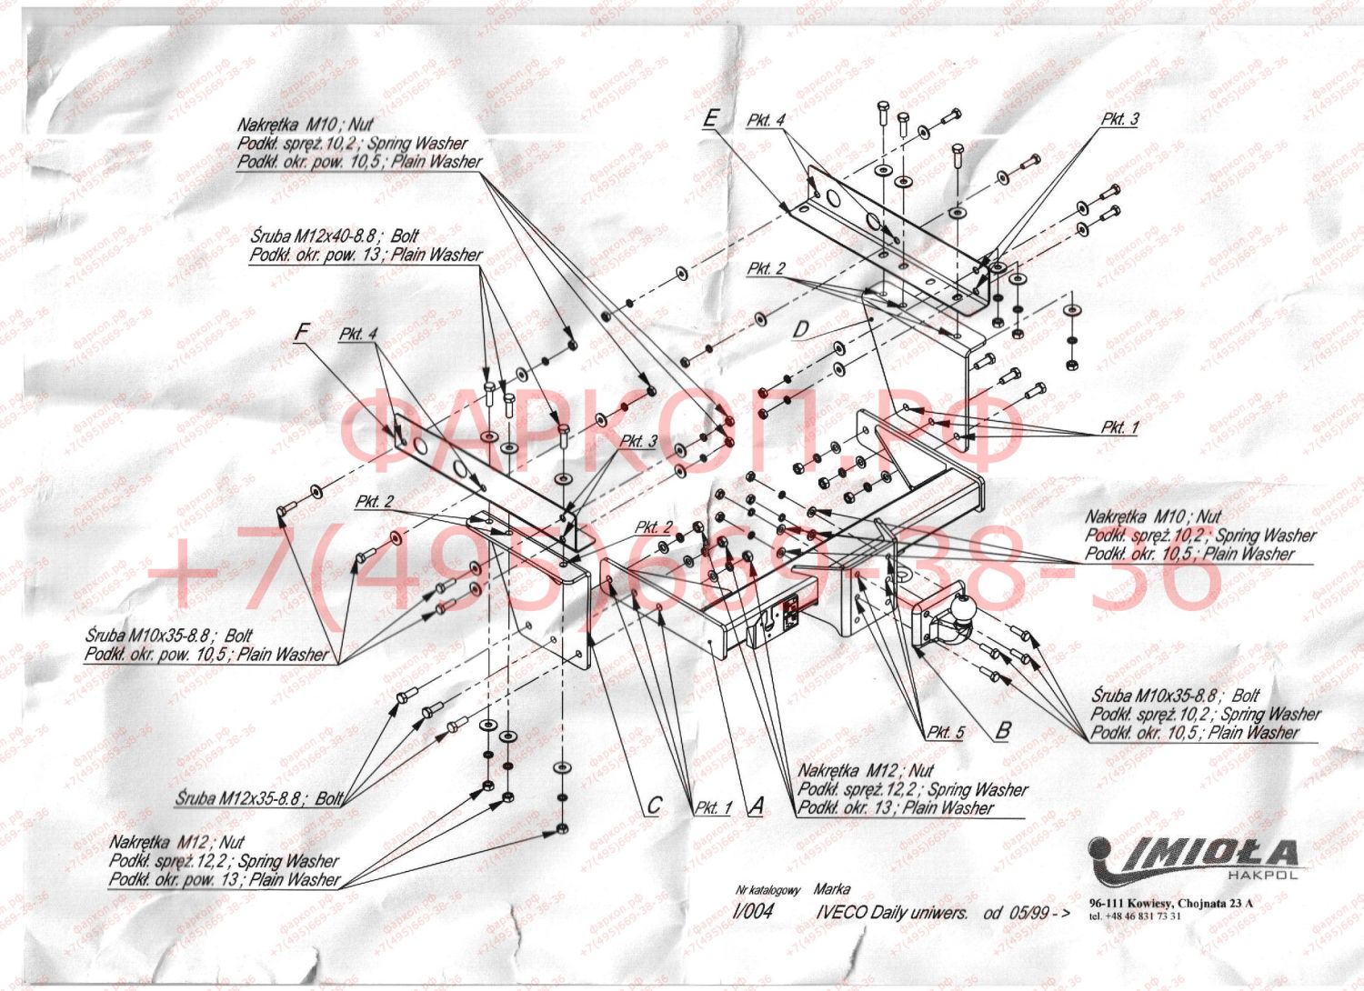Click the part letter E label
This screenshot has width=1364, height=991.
coord(711,118)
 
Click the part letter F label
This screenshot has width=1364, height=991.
coord(302,332)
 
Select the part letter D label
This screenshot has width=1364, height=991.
coord(801,329)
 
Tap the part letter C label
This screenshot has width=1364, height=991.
coord(653,806)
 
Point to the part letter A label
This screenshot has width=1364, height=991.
coord(756,806)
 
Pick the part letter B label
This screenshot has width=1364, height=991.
coord(1003,730)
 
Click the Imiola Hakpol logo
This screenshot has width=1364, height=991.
coord(1194,859)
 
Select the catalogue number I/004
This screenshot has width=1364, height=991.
coord(753,912)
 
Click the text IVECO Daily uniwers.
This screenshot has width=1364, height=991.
coord(891,912)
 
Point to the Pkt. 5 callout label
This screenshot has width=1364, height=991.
coord(946,732)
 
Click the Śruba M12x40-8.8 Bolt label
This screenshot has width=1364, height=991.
coord(335,236)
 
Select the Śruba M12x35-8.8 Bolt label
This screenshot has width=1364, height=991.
coord(260,798)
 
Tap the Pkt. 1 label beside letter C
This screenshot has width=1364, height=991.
coord(713,807)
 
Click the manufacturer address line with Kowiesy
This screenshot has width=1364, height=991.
coord(1170,903)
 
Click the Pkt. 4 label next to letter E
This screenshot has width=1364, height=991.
coord(766,120)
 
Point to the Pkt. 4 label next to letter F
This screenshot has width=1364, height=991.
coord(357,334)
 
